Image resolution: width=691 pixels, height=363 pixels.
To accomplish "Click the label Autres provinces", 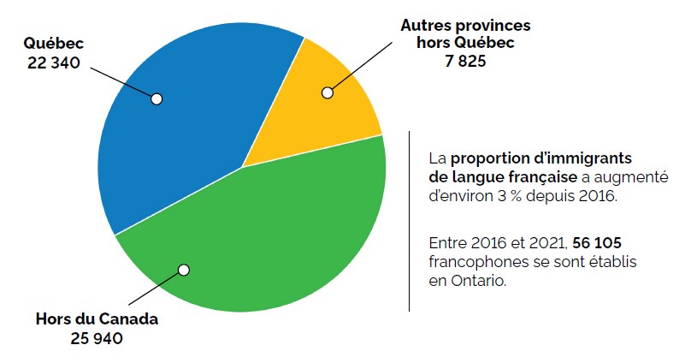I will point(465,26).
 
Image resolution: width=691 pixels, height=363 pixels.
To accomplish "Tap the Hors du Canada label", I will point(97,319).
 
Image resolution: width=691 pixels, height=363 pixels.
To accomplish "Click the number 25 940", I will point(97,338).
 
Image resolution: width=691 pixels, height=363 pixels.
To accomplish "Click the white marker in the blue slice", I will point(157,98).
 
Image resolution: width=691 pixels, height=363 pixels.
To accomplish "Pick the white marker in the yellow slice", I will point(326,92).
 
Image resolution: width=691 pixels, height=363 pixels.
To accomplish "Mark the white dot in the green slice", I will point(183,270).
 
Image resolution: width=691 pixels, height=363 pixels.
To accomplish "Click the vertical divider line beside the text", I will point(410,221).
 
